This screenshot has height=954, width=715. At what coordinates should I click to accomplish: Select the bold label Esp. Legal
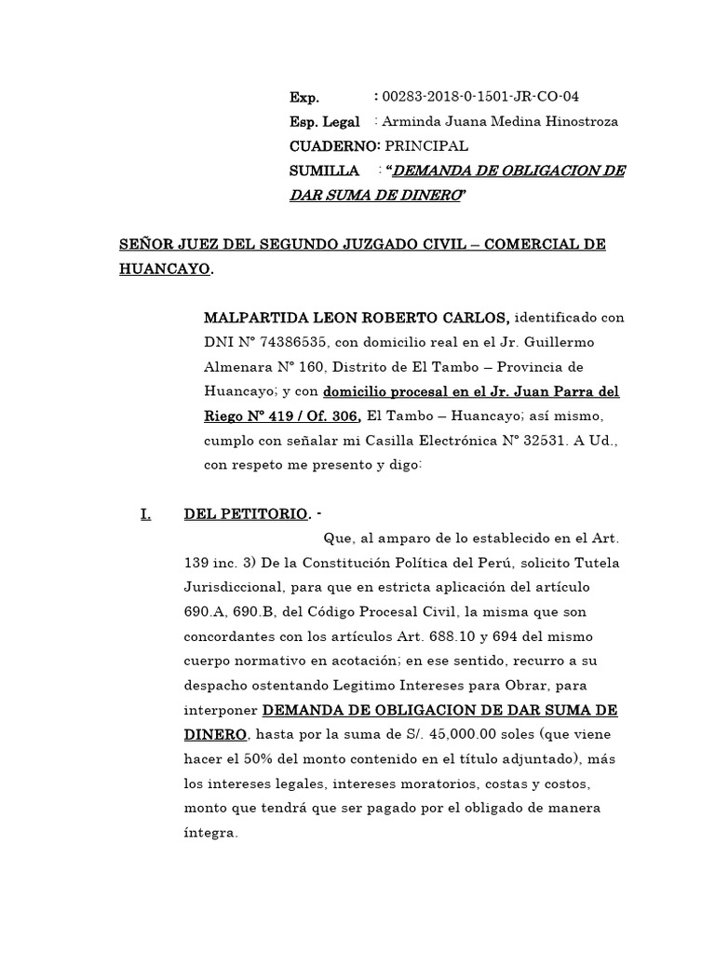pyautogui.click(x=325, y=122)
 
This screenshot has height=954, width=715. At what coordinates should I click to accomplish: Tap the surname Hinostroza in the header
pyautogui.click(x=577, y=122)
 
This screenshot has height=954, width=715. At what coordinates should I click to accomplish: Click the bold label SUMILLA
pyautogui.click(x=325, y=170)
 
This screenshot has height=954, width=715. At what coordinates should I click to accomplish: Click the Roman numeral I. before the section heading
pyautogui.click(x=144, y=513)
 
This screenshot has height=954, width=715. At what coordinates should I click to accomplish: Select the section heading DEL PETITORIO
pyautogui.click(x=247, y=513)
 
